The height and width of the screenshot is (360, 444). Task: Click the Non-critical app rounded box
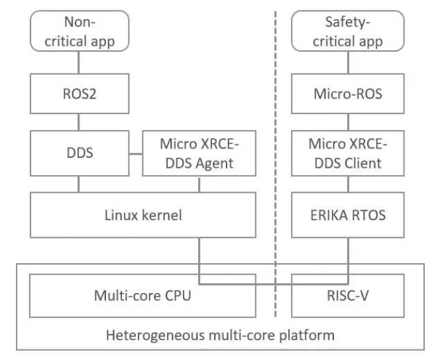pyautogui.click(x=79, y=31)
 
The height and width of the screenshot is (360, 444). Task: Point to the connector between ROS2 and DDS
pyautogui.click(x=79, y=123)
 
